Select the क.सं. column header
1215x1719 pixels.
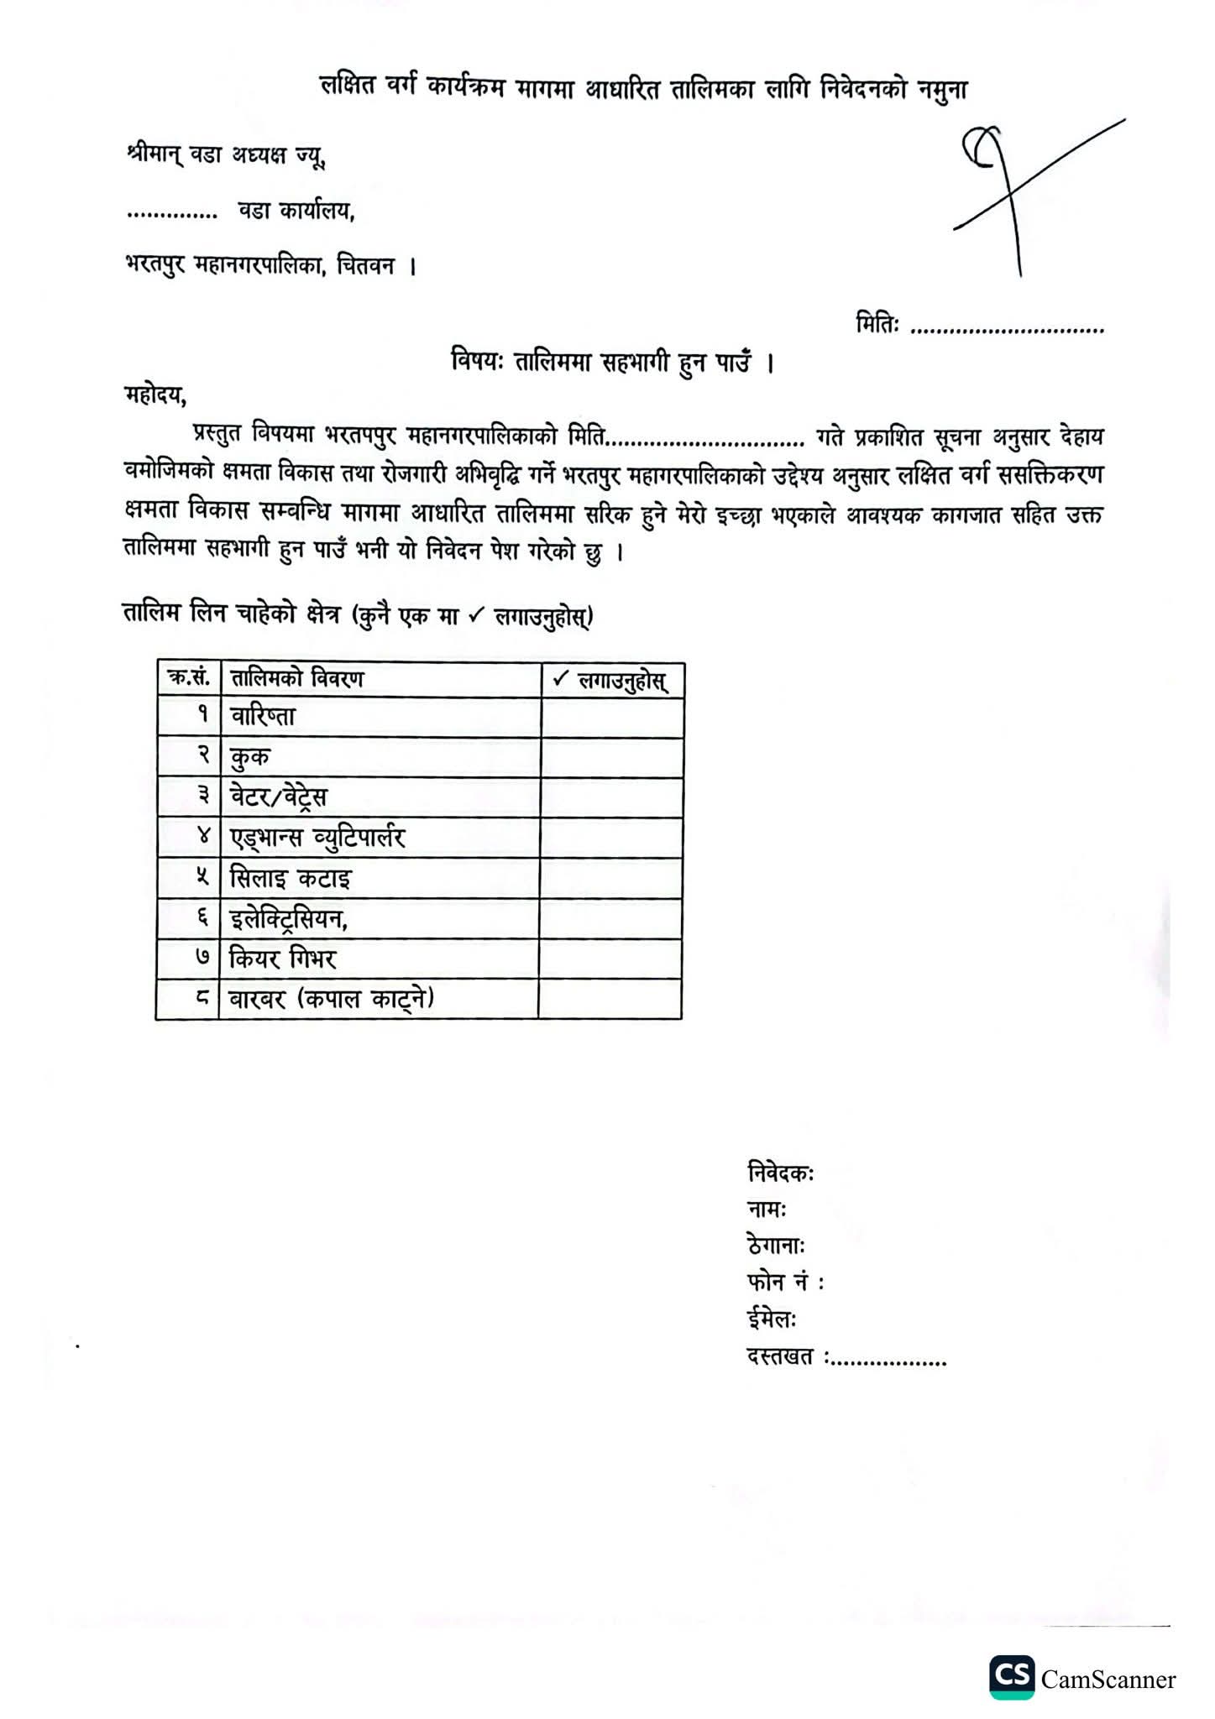(189, 678)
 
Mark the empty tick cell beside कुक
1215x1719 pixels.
(611, 757)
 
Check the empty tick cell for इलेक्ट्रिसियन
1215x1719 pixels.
(611, 918)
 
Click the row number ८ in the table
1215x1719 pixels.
(202, 999)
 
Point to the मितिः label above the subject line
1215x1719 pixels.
(877, 325)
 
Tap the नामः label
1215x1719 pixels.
(766, 1210)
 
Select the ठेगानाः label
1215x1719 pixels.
(776, 1246)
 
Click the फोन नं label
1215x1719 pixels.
(784, 1283)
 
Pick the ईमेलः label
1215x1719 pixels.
(771, 1319)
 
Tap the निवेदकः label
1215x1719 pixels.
(779, 1173)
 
